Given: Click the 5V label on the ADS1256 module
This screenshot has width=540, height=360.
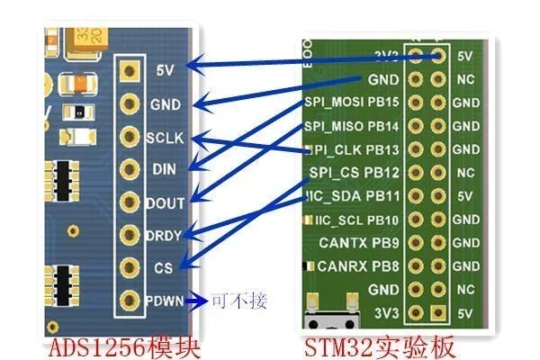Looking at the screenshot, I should coord(165,69).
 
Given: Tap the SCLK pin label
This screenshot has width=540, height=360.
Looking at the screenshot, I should coord(165,138).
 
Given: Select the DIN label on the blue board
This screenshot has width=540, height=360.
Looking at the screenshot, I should coord(165,169).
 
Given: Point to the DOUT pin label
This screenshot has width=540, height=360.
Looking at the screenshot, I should coord(165,202).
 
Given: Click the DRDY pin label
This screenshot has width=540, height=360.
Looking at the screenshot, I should coord(165,235).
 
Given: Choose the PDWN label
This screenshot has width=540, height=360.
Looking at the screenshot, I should coord(165,301).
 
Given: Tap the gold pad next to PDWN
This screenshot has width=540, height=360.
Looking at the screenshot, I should coord(131,301).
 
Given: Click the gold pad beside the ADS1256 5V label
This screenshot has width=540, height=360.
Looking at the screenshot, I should coord(131,69).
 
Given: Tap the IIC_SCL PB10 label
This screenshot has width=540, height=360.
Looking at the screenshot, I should coord(355,220).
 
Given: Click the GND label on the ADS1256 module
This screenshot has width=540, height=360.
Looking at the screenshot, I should coord(165,103).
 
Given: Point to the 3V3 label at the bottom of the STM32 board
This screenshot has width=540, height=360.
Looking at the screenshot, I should coord(385,312).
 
